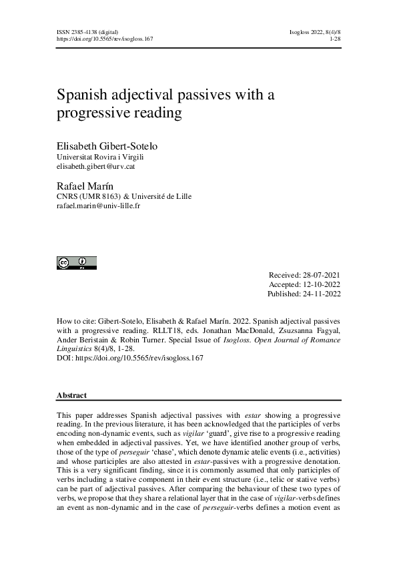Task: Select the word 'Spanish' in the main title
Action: [x=85, y=95]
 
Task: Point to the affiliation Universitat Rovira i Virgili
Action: [x=100, y=157]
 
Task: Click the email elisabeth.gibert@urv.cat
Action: [x=97, y=166]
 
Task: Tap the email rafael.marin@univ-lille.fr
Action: [x=99, y=206]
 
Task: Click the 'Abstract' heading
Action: [x=72, y=395]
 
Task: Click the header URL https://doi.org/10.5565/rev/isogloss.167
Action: [x=105, y=39]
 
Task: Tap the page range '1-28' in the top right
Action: [x=334, y=39]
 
